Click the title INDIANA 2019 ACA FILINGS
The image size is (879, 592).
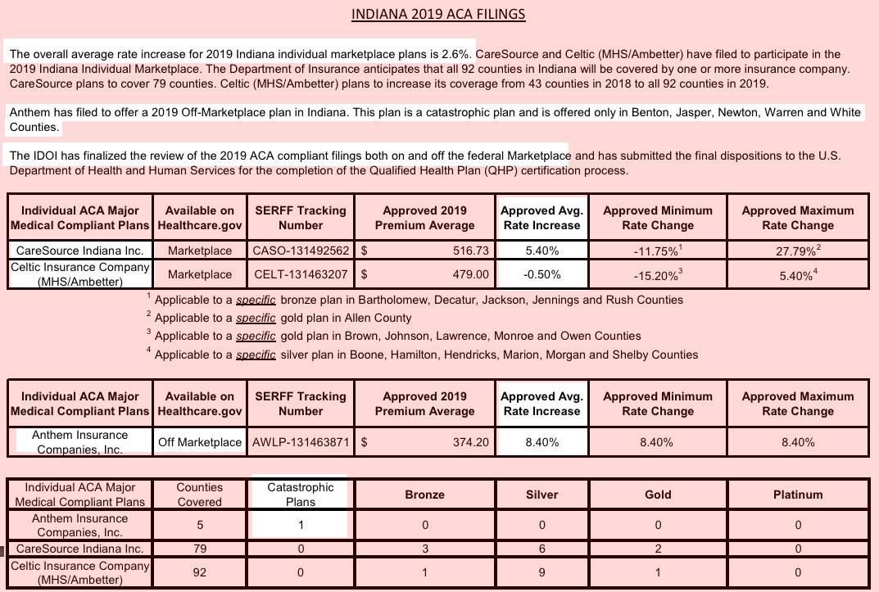pyautogui.click(x=438, y=14)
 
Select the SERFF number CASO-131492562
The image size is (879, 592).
pyautogui.click(x=301, y=251)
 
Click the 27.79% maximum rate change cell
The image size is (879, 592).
pyautogui.click(x=797, y=251)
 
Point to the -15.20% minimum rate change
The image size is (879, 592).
pyautogui.click(x=657, y=276)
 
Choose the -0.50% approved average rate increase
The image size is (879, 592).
pyautogui.click(x=541, y=274)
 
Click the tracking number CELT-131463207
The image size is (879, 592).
pyautogui.click(x=301, y=274)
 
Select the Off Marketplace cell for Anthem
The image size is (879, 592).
pyautogui.click(x=200, y=442)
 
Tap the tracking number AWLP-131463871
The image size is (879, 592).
pyautogui.click(x=301, y=442)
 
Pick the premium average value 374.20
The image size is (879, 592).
pyautogui.click(x=471, y=442)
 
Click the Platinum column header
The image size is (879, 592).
pyautogui.click(x=798, y=495)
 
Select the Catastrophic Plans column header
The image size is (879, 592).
pyautogui.click(x=301, y=495)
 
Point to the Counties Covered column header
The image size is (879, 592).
pyautogui.click(x=200, y=495)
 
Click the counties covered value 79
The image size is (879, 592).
pyautogui.click(x=200, y=549)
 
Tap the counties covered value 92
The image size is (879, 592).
pyautogui.click(x=200, y=572)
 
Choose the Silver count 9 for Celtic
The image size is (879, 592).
pyautogui.click(x=541, y=572)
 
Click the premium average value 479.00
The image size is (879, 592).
pyautogui.click(x=471, y=274)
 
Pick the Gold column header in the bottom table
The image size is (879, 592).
pyautogui.click(x=658, y=495)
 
